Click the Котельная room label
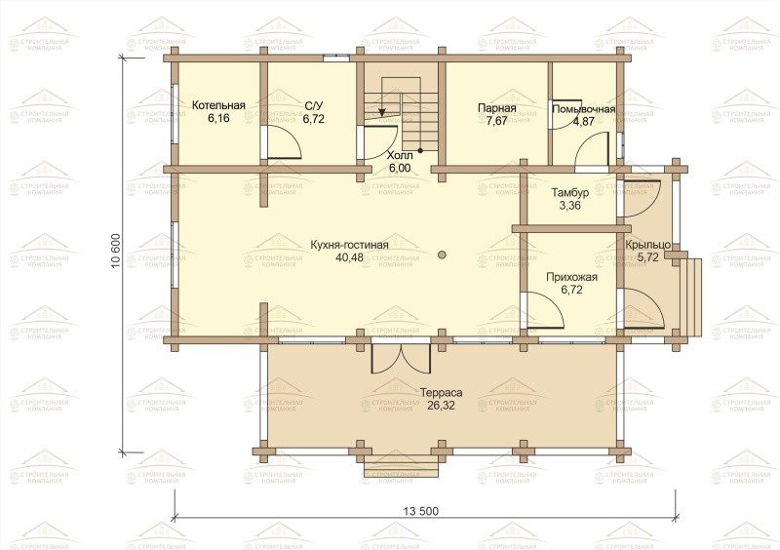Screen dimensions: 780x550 click(x=218, y=105)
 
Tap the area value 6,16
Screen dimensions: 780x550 click(x=218, y=118)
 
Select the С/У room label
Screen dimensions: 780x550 click(x=313, y=105)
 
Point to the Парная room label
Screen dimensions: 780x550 click(x=496, y=108)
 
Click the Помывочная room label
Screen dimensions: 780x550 click(x=583, y=109)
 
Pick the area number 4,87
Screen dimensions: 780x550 click(x=583, y=122)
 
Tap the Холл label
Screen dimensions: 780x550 click(x=400, y=155)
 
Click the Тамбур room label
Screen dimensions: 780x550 click(x=570, y=193)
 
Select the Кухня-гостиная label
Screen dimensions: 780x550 click(x=349, y=245)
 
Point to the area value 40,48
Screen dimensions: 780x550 click(x=350, y=257)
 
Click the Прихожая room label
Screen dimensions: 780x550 click(x=571, y=277)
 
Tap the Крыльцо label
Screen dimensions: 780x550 click(x=647, y=245)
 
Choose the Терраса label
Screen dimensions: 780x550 click(x=441, y=393)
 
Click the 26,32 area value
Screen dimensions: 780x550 click(x=441, y=405)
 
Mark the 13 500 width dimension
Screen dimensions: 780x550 click(x=421, y=511)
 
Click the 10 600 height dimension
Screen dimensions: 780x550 click(x=116, y=251)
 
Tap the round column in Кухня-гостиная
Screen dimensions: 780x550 click(x=442, y=255)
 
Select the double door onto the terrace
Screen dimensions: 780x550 click(x=401, y=357)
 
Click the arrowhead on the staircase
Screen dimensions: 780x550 click(x=382, y=112)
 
